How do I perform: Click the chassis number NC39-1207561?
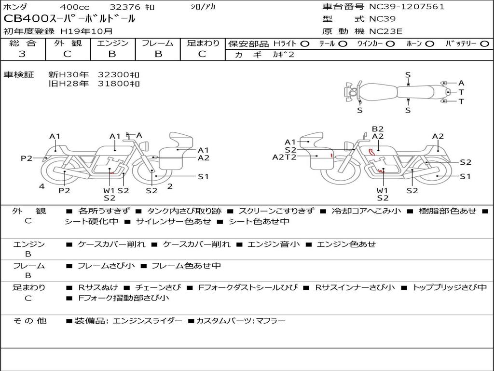point(407,7)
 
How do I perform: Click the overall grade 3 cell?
point(22,54)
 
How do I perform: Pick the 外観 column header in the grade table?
point(68,43)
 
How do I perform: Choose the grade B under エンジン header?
point(112,54)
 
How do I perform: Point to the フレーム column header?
point(158,43)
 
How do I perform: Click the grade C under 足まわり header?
point(203,54)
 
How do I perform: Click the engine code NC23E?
point(386,31)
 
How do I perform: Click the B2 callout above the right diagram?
point(377,128)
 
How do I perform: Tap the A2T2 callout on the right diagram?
point(284,157)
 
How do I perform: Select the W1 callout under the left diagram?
point(109,190)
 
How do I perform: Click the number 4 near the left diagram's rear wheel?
point(42,186)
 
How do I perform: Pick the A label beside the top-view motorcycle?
point(461,83)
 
